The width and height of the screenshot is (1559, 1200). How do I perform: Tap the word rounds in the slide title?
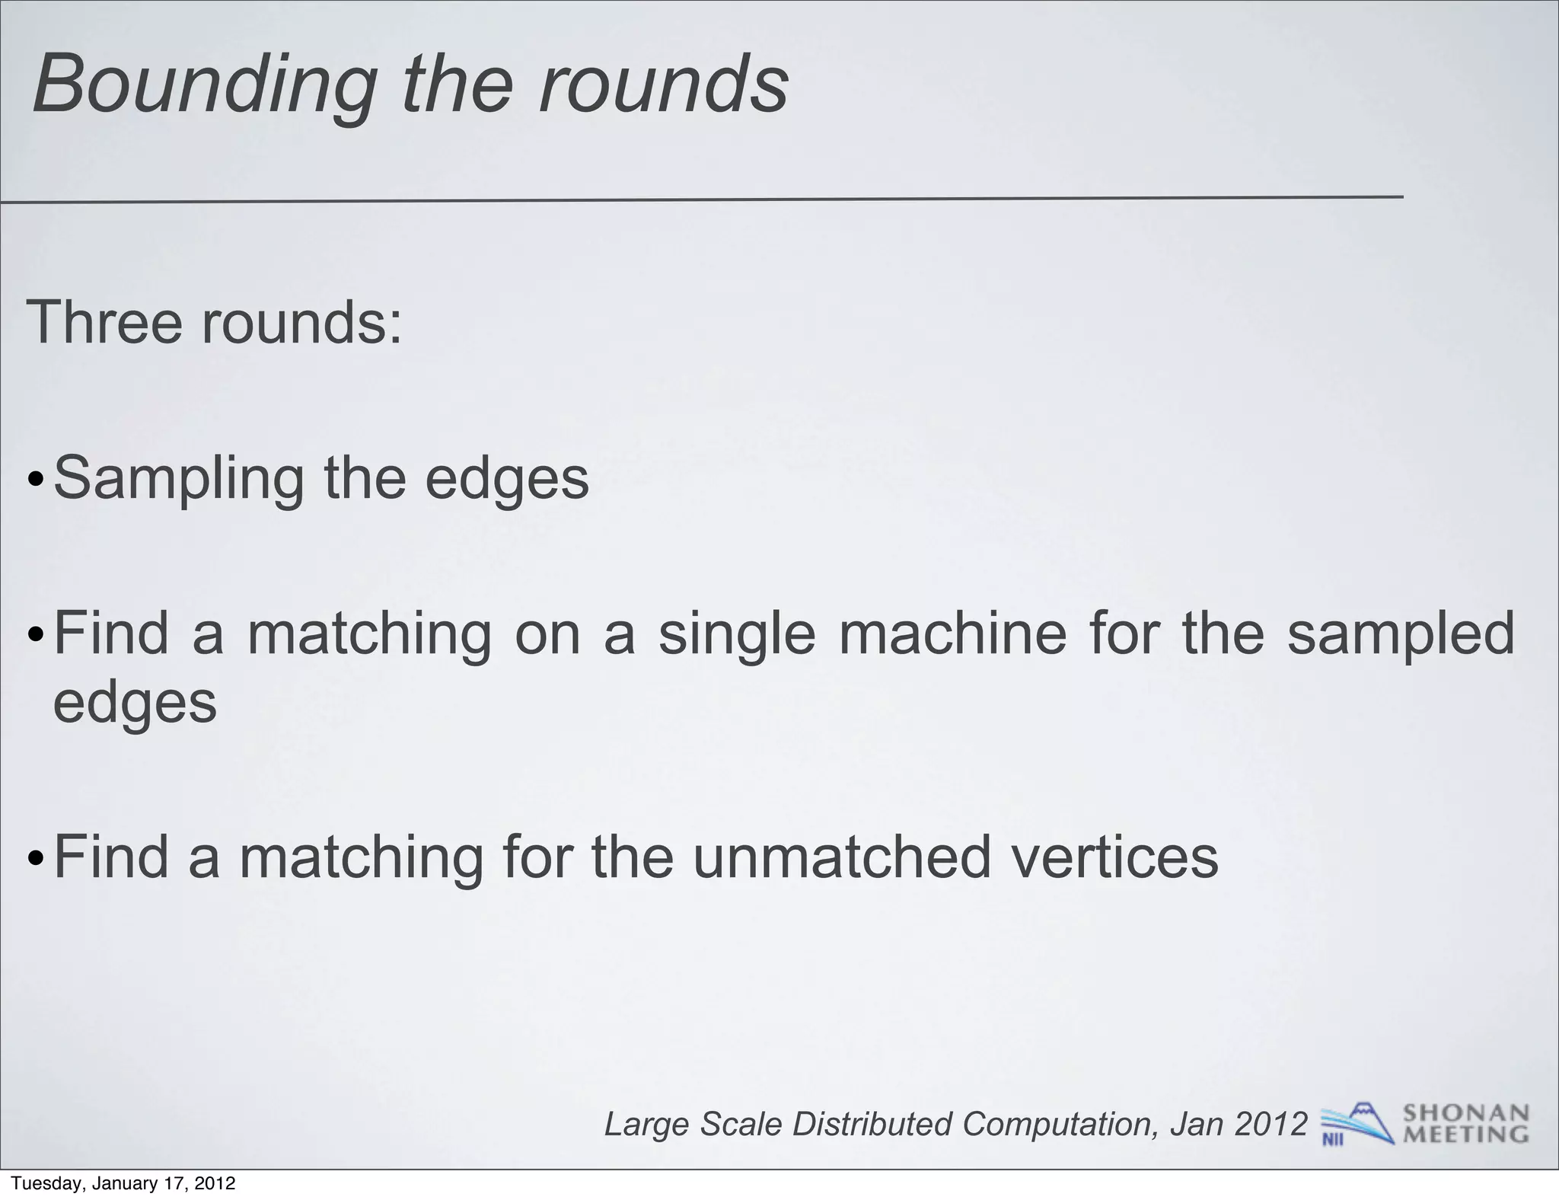click(663, 85)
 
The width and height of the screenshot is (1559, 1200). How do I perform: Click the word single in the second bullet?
click(736, 634)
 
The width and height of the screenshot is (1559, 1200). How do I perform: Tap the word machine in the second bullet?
click(952, 634)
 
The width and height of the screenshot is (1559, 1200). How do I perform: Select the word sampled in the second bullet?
click(1401, 634)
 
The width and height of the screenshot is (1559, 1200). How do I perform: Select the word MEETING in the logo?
click(1465, 1135)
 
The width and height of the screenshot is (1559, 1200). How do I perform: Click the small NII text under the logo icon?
click(1332, 1140)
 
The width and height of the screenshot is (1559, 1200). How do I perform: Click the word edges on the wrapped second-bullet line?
click(135, 702)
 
